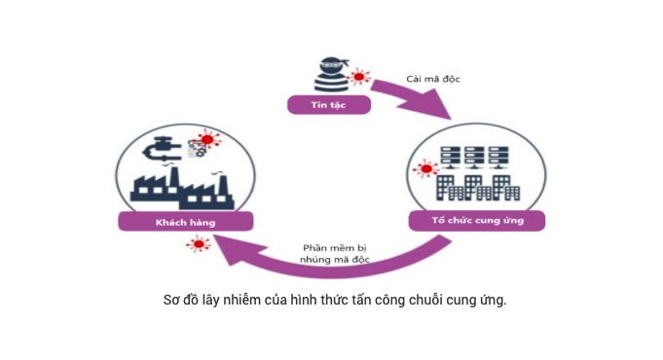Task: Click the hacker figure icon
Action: [331, 74]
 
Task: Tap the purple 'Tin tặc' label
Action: [328, 103]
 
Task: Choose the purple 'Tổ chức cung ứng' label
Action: [477, 220]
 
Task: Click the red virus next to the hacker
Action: [360, 76]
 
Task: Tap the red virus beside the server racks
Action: [424, 169]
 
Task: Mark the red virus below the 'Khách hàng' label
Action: [199, 243]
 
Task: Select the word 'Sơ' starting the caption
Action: [171, 299]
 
